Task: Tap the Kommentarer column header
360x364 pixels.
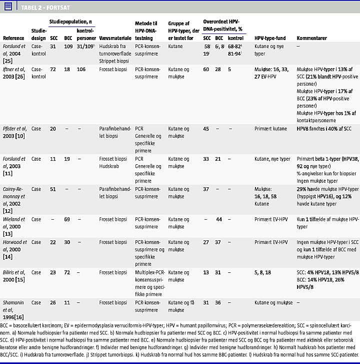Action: point(311,38)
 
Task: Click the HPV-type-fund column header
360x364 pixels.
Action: point(269,38)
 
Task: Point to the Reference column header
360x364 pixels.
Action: point(13,38)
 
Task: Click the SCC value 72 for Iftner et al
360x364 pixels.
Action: point(53,70)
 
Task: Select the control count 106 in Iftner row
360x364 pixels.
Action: point(81,70)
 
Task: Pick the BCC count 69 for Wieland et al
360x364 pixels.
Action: point(68,219)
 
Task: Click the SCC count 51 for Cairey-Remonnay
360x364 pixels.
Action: point(53,189)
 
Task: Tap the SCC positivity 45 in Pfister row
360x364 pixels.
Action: point(206,129)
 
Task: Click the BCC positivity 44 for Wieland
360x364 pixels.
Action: point(218,219)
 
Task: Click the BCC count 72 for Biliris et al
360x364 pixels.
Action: point(68,272)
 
